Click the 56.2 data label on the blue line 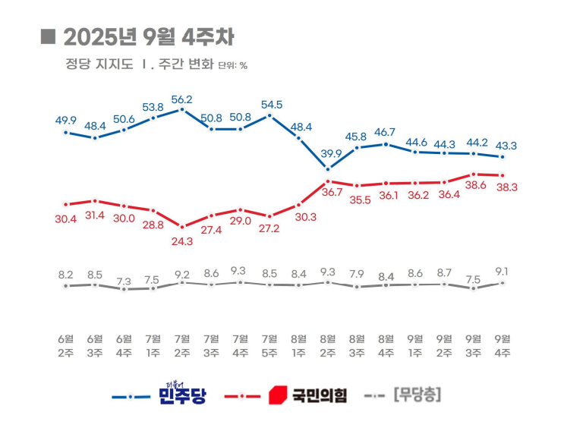(x=182, y=99)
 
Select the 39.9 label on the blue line (x=328, y=154)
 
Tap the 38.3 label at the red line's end (x=506, y=187)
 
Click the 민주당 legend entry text (x=182, y=395)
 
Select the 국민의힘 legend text (x=319, y=395)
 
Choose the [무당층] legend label (x=417, y=395)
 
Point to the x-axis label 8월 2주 (x=328, y=345)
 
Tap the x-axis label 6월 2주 (x=66, y=345)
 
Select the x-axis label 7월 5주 (x=269, y=345)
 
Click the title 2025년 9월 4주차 (x=149, y=36)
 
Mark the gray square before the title (x=48, y=36)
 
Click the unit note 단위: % (x=232, y=65)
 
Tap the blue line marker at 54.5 (x=269, y=115)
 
